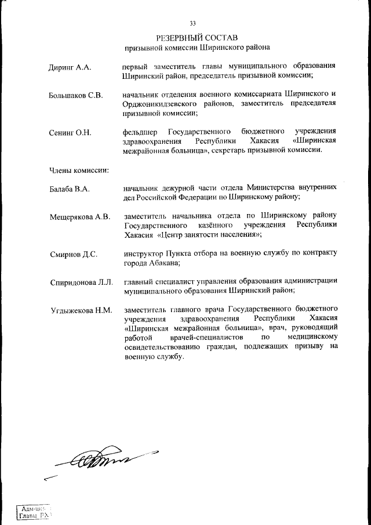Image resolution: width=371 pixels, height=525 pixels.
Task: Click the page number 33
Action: pyautogui.click(x=192, y=23)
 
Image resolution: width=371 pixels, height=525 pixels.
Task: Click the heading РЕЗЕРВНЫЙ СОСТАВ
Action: pyautogui.click(x=197, y=37)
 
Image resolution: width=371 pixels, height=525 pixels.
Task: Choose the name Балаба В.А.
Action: pyautogui.click(x=69, y=189)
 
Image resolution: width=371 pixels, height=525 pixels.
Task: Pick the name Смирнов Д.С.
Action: pyautogui.click(x=72, y=254)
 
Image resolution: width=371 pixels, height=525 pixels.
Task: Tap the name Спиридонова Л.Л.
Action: pyautogui.click(x=80, y=283)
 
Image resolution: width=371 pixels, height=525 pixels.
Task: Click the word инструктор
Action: pyautogui.click(x=143, y=254)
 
